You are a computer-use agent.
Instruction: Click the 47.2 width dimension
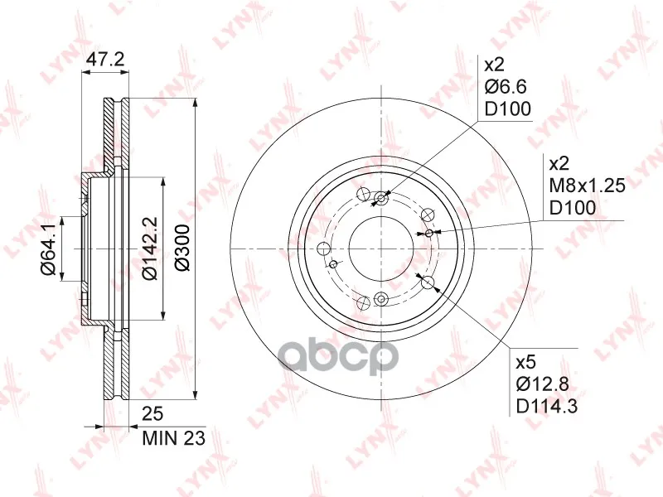point(105,60)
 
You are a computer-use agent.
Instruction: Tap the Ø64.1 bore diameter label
point(48,249)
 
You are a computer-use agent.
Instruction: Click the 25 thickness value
point(152,413)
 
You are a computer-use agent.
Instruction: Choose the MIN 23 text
point(173,438)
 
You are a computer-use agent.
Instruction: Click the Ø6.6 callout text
point(506,87)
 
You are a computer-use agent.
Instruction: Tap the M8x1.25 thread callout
point(587,185)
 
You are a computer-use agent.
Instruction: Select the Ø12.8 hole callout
point(543,384)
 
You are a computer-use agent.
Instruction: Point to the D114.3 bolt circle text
point(547,407)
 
